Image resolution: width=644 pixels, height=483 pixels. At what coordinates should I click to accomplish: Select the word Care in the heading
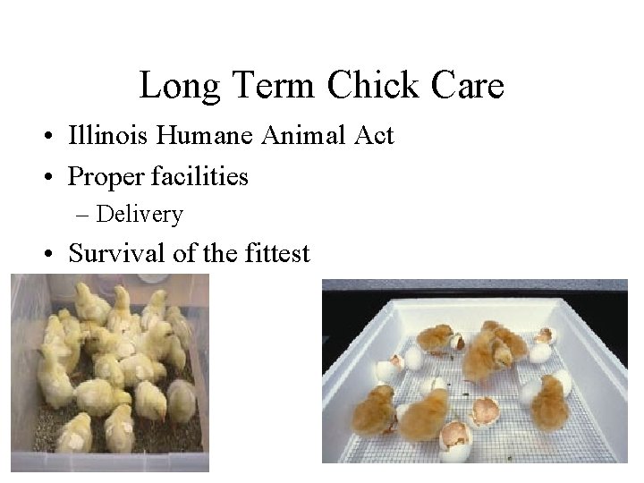click(468, 86)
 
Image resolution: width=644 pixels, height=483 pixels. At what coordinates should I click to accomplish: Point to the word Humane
click(199, 137)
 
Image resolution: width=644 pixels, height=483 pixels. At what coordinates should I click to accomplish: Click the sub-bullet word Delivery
click(140, 215)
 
